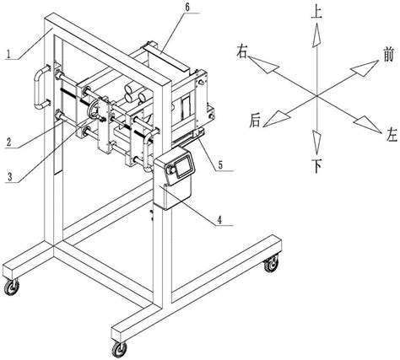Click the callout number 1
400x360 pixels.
[9, 54]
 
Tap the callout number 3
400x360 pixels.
[10, 177]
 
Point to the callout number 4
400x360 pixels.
[219, 219]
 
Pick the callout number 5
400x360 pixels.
[220, 165]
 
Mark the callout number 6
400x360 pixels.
[187, 7]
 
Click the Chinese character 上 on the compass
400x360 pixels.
[316, 13]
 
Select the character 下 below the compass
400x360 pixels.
[316, 166]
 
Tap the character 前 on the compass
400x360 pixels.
[388, 54]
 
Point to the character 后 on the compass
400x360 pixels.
[256, 121]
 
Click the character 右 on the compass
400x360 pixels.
[242, 51]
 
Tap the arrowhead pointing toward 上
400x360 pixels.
[316, 35]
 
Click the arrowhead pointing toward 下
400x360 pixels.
[316, 142]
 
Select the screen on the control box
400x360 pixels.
[184, 166]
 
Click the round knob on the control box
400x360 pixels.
[170, 170]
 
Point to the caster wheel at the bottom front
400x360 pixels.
[119, 349]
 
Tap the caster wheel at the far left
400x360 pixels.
[12, 287]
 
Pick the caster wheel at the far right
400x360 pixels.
[271, 264]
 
